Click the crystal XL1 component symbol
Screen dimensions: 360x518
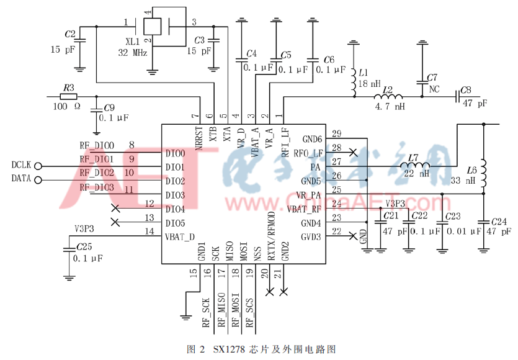[x=152, y=26]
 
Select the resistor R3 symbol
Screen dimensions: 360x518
[x=68, y=96]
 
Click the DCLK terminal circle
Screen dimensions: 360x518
[x=38, y=166]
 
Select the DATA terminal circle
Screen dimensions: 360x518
[x=38, y=180]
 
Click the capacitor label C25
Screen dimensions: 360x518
[x=83, y=246]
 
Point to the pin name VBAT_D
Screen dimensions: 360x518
[x=179, y=236]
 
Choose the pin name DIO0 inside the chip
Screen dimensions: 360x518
[x=176, y=153]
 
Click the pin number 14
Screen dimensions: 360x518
[x=148, y=232]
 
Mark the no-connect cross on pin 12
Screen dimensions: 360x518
[x=115, y=208]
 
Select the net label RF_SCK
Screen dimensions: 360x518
[x=205, y=312]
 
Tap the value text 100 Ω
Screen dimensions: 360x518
[x=68, y=107]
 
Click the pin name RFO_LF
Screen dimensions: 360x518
[x=308, y=153]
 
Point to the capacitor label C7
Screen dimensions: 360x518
[x=432, y=78]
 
